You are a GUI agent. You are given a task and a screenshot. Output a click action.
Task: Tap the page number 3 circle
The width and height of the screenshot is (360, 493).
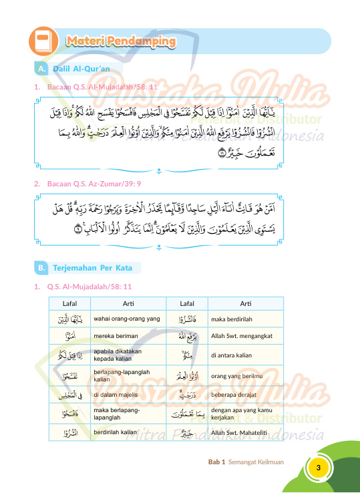coord(319,467)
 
